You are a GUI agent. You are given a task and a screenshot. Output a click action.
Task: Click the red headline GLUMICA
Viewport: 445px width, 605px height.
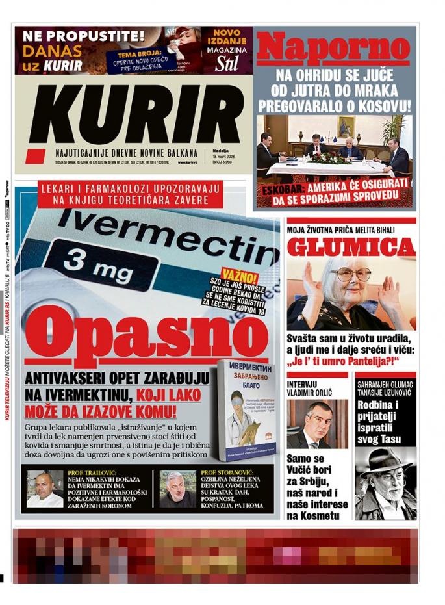pos(351,247)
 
